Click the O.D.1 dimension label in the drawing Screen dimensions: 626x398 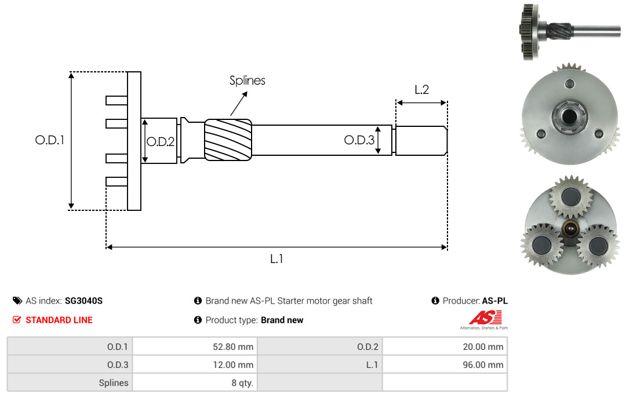point(50,140)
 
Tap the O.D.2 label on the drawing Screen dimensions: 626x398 point(161,142)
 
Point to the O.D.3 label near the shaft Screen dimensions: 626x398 point(359,140)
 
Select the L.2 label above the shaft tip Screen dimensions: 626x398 point(421,90)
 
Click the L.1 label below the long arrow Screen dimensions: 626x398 point(276,259)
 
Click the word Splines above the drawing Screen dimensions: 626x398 point(247,81)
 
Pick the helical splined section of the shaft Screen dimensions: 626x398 point(228,140)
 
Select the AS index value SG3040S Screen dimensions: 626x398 point(84,301)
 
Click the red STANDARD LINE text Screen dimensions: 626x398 point(59,320)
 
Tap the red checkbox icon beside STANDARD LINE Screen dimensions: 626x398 point(17,320)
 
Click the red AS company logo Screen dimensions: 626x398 point(485,320)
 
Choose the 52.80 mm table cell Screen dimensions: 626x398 point(195,346)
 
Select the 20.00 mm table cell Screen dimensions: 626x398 point(445,346)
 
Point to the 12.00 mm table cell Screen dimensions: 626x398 point(195,364)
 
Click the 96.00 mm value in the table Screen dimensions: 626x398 point(483,364)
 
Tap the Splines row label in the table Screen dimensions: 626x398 point(114,383)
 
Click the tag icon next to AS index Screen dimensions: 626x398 point(17,301)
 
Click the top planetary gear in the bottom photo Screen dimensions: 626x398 point(571,197)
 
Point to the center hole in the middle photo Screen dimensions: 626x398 point(569,116)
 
